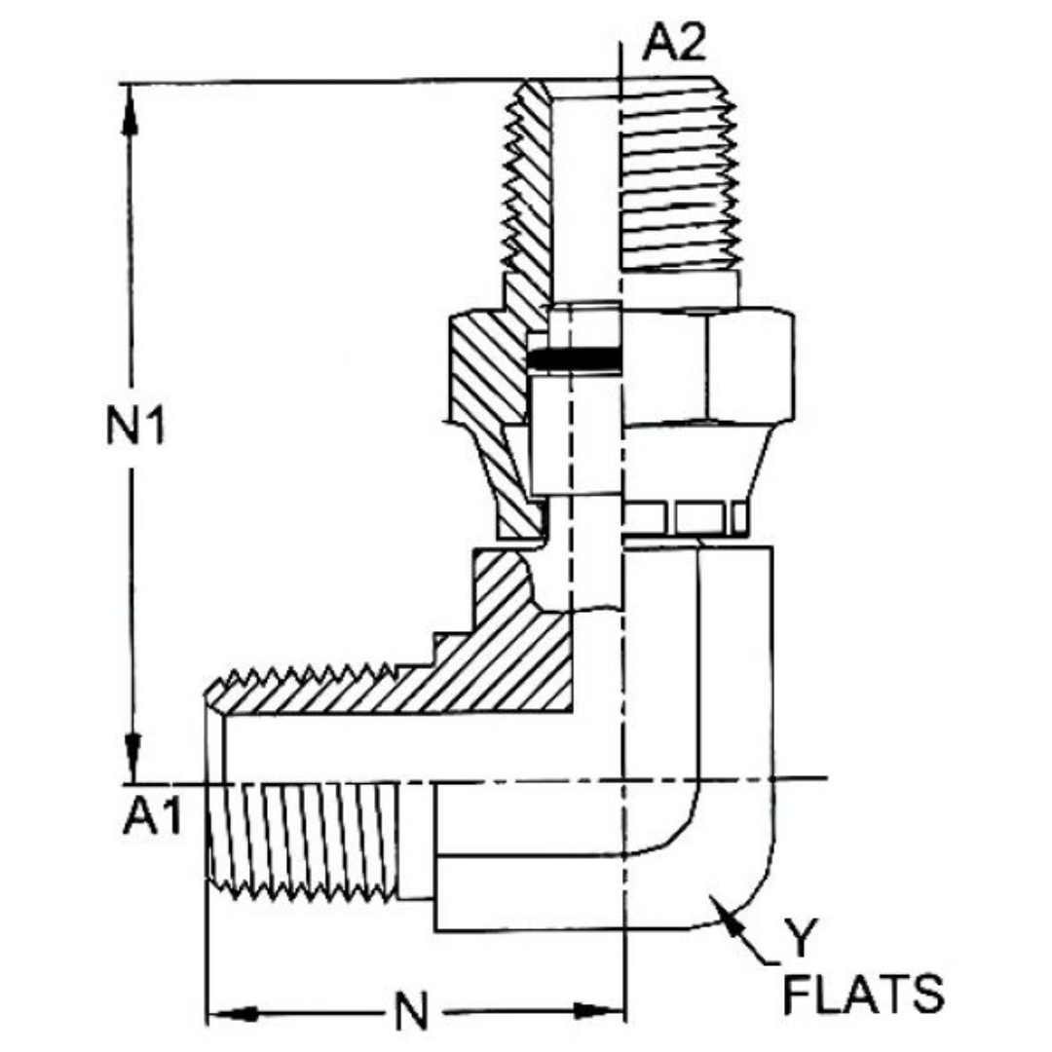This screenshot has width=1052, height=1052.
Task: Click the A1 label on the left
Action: pos(152,818)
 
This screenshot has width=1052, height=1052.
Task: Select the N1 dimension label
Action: pos(135,428)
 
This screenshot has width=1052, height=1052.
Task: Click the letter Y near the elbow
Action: pos(799,940)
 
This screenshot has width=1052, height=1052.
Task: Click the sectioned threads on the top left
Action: pos(526,195)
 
